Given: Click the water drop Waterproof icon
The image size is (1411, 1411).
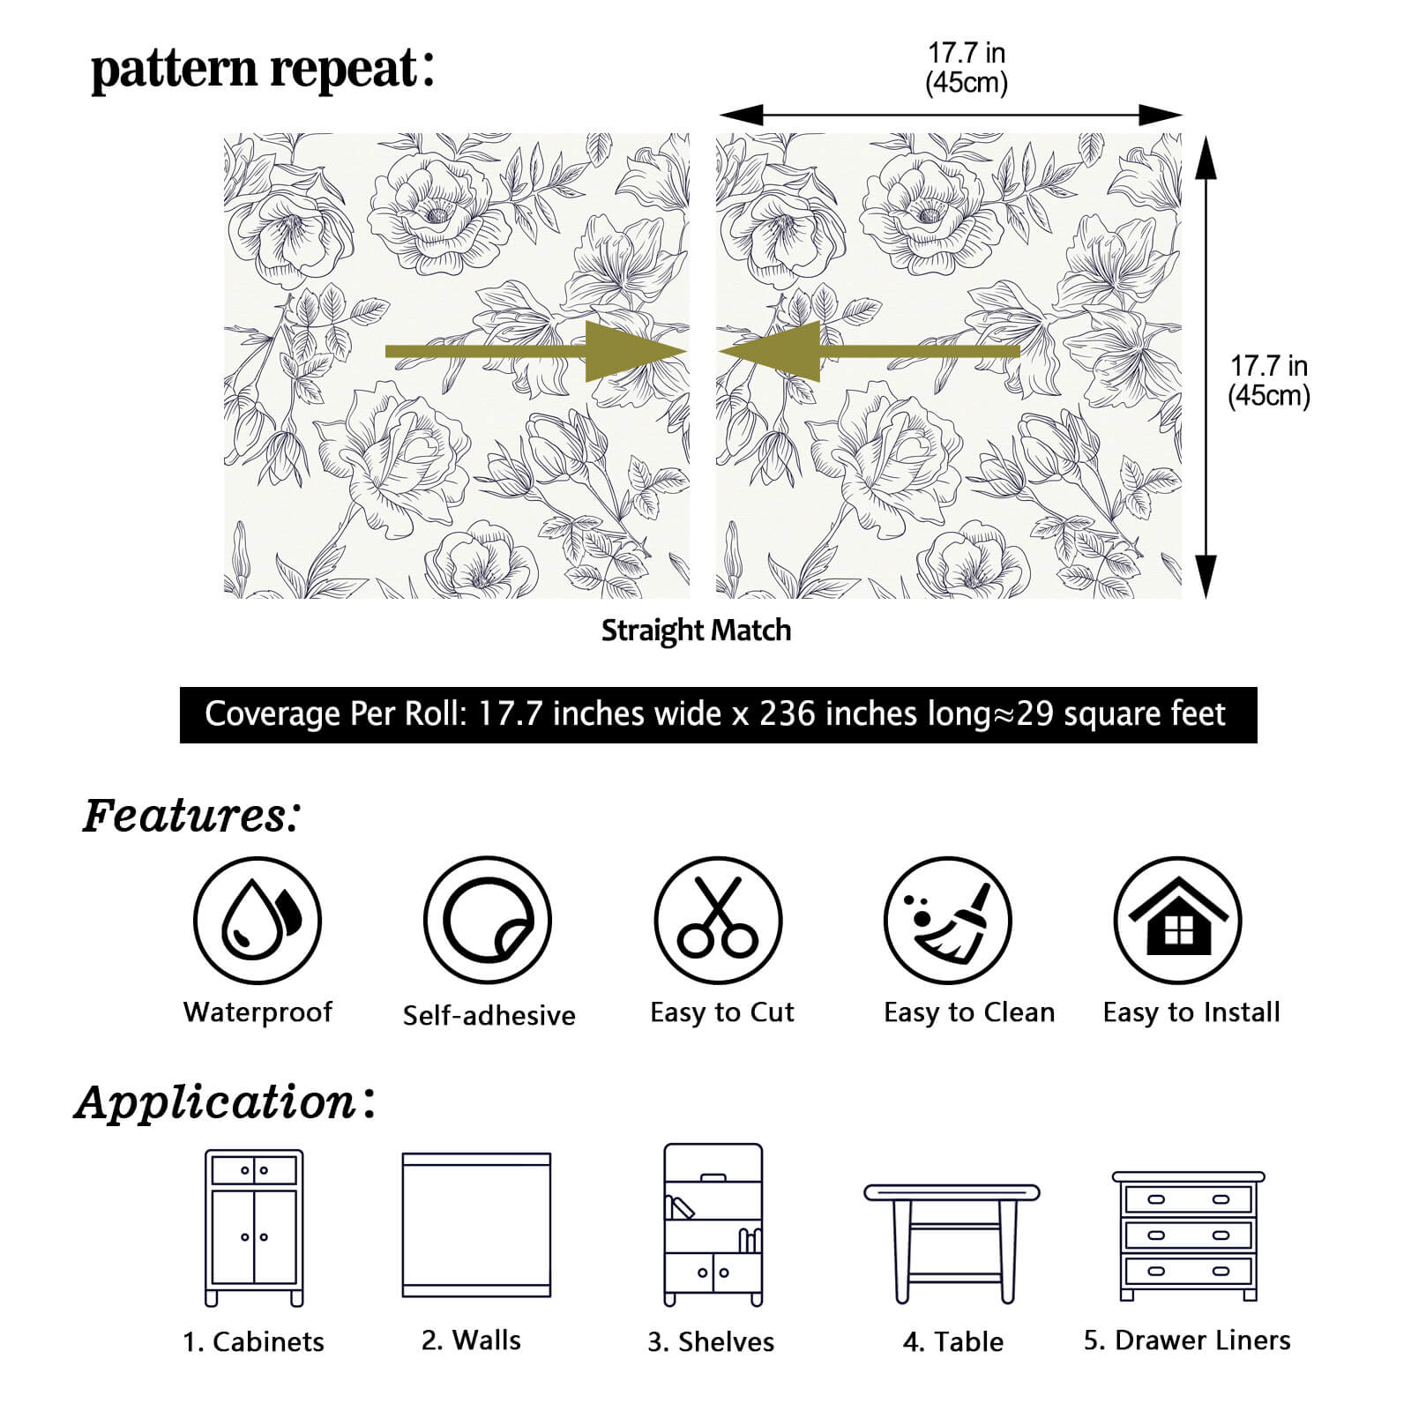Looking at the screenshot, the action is click(258, 921).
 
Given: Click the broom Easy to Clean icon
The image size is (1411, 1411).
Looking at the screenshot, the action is click(948, 921).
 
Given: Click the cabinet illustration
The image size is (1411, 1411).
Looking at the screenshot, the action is click(254, 1228).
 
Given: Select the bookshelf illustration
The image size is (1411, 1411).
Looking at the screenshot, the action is click(713, 1225).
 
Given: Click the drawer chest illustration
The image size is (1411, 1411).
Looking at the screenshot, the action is click(1188, 1236).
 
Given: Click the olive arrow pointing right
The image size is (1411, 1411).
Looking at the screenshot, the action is click(536, 351).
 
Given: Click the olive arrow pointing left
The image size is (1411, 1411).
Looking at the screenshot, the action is click(869, 351).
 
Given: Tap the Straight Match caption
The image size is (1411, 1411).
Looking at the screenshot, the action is click(696, 631).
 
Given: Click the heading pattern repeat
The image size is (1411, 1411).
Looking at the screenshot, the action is click(263, 69).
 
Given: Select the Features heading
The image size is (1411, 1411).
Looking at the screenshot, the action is click(190, 815).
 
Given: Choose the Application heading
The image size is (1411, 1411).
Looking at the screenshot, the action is click(225, 1101).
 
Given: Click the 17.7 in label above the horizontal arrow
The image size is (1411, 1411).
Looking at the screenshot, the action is click(967, 53).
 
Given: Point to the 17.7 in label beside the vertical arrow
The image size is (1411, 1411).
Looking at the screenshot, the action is click(1269, 365).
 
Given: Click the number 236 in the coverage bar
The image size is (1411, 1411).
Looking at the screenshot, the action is click(788, 713).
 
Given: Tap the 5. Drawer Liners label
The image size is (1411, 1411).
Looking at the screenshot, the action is click(1187, 1340).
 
